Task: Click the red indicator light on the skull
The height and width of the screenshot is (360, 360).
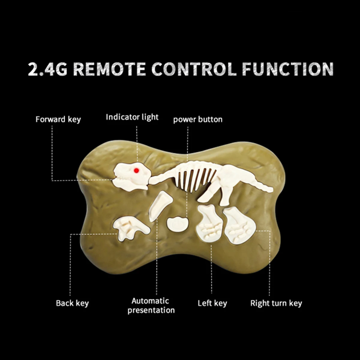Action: coord(136,170)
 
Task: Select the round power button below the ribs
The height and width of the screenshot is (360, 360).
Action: coord(177,224)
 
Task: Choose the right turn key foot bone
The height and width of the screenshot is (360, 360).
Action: coord(238,225)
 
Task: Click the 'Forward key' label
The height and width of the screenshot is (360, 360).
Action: coord(58,119)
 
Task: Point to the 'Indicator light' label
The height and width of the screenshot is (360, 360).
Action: coord(132,117)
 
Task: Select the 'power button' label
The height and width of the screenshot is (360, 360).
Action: coord(198,119)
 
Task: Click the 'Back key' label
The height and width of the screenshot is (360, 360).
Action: coord(72,303)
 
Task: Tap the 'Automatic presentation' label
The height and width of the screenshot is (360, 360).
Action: coord(151,305)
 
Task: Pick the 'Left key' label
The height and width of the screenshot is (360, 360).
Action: coord(212,303)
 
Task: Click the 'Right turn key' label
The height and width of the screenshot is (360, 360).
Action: coord(276,303)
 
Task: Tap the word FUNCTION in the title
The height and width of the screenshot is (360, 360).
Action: coord(288,69)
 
